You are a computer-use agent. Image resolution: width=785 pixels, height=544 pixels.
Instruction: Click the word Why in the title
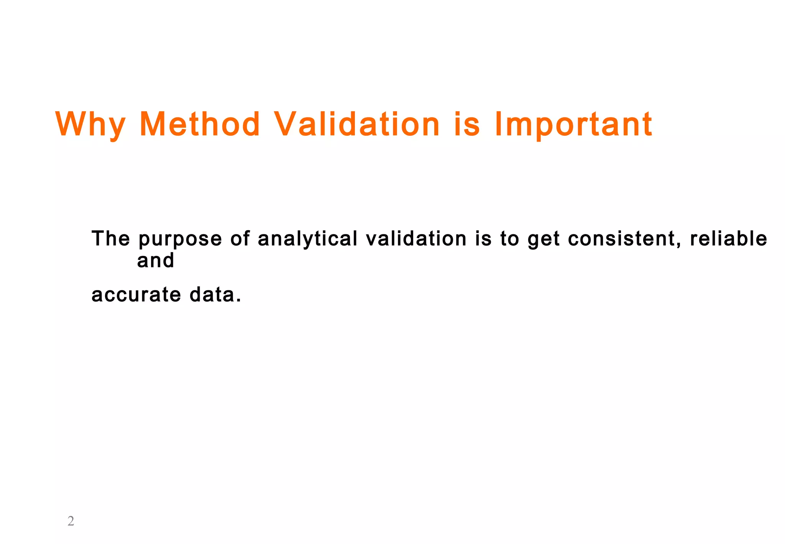(90, 124)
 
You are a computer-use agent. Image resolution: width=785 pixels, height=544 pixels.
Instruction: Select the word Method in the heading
(200, 124)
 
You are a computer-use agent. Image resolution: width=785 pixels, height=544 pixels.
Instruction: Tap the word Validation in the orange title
(357, 124)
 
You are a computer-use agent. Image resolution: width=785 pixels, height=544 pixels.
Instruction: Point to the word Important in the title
(573, 124)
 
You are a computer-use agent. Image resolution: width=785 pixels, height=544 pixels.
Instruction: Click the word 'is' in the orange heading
(467, 124)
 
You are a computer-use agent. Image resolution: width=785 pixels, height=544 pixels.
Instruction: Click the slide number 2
(71, 521)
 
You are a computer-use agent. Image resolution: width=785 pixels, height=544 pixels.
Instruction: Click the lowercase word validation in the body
(416, 239)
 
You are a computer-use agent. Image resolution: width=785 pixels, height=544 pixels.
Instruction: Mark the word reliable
(728, 239)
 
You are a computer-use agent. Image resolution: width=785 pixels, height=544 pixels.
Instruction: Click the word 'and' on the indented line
(156, 260)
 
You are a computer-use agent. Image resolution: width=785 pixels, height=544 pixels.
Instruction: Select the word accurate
(136, 295)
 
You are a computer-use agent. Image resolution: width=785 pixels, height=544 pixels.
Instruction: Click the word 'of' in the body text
(240, 239)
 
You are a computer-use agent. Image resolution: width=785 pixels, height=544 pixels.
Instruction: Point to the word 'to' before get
(509, 239)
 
